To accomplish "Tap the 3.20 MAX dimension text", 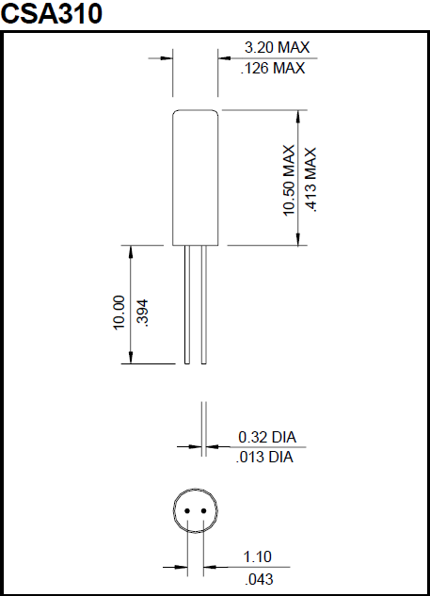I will pos(277,47).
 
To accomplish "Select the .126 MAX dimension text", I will pos(275,69).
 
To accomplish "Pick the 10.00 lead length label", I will pos(119,312).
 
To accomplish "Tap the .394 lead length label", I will pos(143,312).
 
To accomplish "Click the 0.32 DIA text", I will pos(267,437).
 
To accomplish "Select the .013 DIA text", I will pos(267,458).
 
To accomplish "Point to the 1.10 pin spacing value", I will pos(259,556).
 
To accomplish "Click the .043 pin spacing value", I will pos(259,577).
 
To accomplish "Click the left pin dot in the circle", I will pos(188,511).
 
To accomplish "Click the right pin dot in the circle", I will pos(204,511).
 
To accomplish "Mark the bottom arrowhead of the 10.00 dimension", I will pos(130,357).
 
